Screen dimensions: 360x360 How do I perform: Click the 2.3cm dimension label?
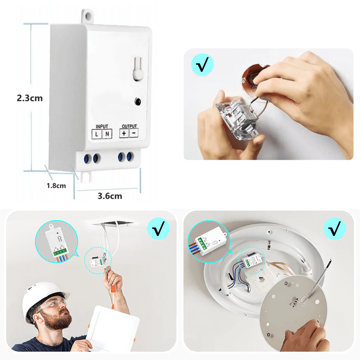30,98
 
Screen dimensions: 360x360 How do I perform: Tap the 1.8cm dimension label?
56,185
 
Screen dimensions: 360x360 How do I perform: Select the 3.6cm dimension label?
110,196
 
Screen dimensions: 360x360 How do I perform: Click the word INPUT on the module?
102,126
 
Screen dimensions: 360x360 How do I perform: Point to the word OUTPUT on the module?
129,126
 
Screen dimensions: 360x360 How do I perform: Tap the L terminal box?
96,134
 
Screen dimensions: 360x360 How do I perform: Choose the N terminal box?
107,134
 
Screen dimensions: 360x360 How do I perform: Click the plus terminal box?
124,133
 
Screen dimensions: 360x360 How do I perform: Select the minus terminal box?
134,133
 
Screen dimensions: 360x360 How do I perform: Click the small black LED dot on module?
138,102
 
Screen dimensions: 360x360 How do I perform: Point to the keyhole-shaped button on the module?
138,69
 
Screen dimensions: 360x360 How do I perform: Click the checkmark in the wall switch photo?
202,64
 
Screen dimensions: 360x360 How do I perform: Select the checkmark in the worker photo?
159,229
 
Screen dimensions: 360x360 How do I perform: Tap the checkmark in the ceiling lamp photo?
334,229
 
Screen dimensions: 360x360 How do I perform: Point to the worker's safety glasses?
54,302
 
